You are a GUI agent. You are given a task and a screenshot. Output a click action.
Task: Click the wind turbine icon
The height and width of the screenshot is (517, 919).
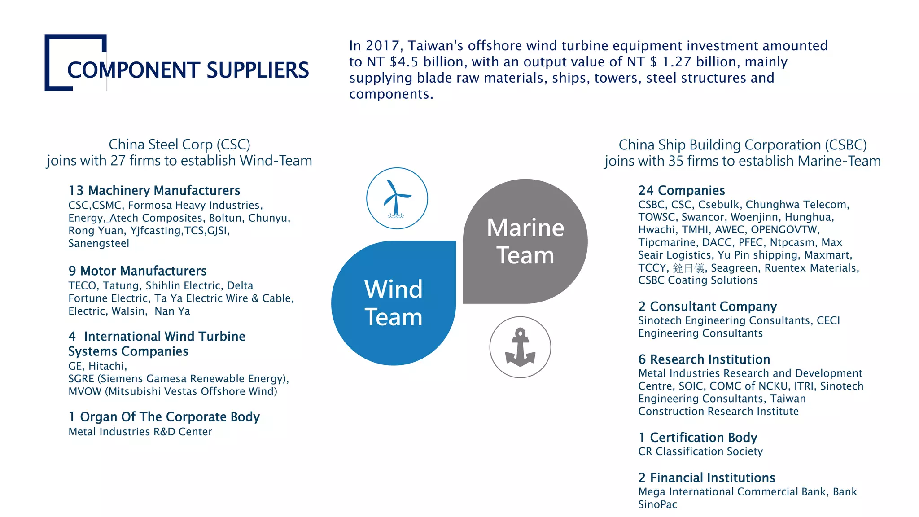coord(397,198)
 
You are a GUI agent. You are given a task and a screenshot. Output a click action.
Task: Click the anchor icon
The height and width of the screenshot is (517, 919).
coord(520,347)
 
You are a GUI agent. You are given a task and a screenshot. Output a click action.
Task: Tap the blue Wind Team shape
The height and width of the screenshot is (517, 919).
coord(394,303)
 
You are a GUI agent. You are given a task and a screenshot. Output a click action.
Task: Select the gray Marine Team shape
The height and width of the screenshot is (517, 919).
coord(525,241)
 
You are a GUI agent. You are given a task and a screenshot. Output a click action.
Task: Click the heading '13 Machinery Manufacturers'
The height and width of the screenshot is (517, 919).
coord(154,190)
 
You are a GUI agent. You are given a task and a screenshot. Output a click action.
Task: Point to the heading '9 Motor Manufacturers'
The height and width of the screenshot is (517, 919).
coord(137,271)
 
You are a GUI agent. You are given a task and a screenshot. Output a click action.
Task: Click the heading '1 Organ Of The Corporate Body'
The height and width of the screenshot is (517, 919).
coord(164,416)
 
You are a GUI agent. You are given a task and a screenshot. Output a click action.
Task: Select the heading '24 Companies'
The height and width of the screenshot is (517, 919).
coord(682,190)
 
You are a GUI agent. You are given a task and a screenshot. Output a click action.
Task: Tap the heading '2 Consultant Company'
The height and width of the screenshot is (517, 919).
coord(707,306)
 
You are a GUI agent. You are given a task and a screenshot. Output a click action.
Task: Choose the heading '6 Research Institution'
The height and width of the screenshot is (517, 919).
coord(704,359)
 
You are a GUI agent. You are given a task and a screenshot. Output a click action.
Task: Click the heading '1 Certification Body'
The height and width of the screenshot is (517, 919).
coord(698,437)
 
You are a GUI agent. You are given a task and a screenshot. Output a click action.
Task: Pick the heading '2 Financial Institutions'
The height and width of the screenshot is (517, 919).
coord(707,478)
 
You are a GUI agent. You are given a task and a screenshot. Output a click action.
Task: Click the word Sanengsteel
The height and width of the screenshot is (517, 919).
coord(99,243)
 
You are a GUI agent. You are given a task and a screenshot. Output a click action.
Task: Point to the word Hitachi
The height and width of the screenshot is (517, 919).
coord(107,366)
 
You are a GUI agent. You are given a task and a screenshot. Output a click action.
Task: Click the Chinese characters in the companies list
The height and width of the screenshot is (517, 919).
coord(688,268)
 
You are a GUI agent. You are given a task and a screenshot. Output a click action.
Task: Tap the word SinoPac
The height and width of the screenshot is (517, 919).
coord(657,504)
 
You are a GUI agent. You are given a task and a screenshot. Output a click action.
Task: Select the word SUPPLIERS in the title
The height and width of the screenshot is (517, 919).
coord(258,70)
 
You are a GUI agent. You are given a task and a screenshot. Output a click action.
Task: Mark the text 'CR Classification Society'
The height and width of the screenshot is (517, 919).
coord(700,451)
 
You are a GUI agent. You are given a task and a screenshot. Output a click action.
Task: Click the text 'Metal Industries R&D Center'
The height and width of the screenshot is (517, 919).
coord(140,431)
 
